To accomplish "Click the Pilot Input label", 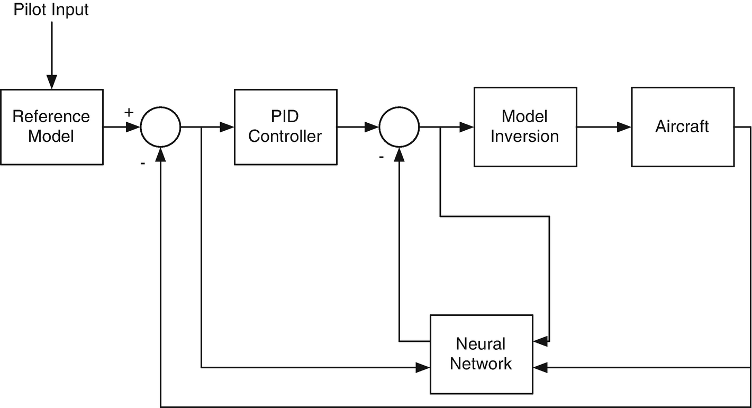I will coord(51,10).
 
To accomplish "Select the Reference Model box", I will coord(51,127).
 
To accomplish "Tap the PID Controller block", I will coord(285,127).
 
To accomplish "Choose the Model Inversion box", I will coord(524,127).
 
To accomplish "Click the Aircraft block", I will coord(682,127).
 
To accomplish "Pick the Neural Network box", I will coord(481,354).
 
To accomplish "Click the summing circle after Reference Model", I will coord(161,127).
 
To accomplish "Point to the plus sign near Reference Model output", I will coord(129,112).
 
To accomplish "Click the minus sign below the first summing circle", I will coord(142,164).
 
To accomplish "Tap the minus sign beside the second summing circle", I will coord(380,157).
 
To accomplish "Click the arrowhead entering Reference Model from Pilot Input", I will coord(51,82).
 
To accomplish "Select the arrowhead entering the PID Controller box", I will coord(228,127).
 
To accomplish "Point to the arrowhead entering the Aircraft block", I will coord(624,127).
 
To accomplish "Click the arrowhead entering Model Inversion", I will coord(467,127).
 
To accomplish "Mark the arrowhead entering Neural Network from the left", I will coord(423,366).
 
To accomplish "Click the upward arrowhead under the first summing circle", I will coord(161,153).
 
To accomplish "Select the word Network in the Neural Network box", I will coord(481,364).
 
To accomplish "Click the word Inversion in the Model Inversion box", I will coord(524,137).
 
